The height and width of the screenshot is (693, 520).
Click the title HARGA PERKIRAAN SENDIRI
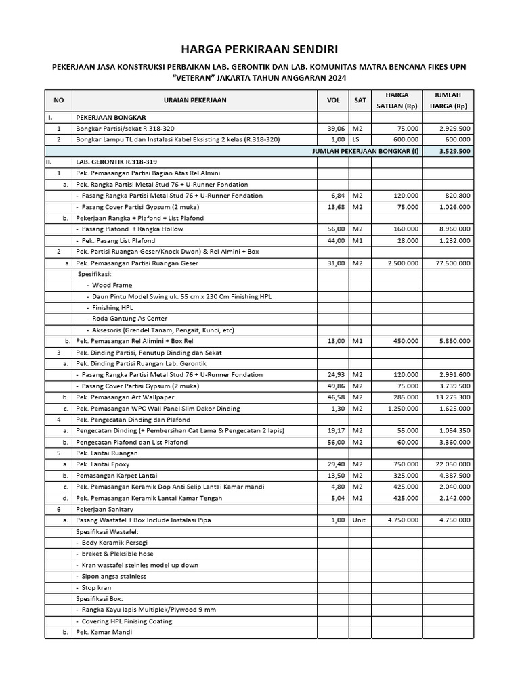click(259, 49)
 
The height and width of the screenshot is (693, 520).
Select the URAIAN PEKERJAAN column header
click(195, 101)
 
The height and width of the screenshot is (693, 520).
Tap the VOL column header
click(333, 101)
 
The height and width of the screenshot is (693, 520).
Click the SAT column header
click(360, 101)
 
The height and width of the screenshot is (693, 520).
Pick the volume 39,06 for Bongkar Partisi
click(336, 129)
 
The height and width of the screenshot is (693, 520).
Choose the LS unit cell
click(357, 139)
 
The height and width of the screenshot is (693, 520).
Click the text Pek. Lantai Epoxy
click(102, 464)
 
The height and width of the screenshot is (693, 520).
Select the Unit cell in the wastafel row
click(359, 520)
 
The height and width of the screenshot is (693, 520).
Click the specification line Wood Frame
click(112, 286)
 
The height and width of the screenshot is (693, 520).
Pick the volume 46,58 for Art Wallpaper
click(336, 397)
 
